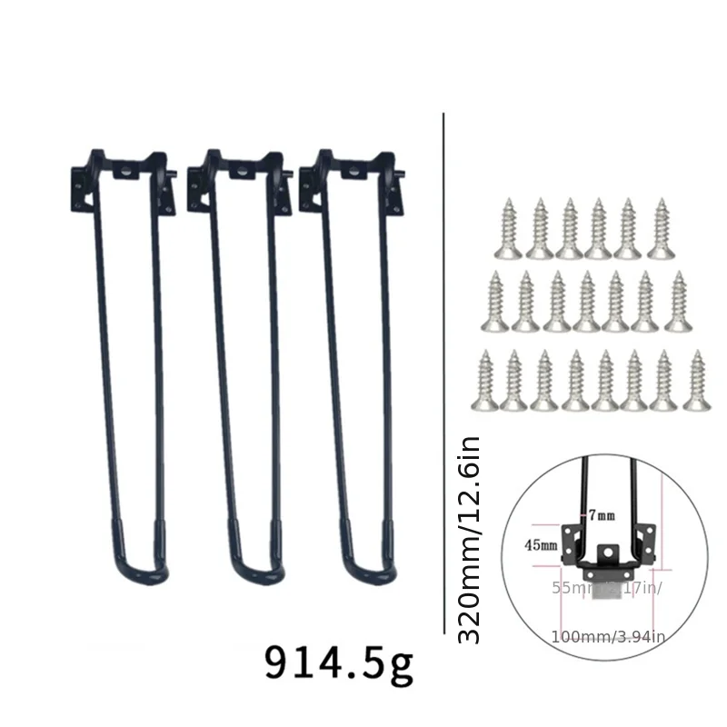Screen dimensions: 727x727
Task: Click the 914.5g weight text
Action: pos(338,664)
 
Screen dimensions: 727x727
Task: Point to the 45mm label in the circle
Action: pos(543,545)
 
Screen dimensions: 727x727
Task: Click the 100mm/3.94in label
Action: pos(607,636)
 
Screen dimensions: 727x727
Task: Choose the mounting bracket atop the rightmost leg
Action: pos(352,173)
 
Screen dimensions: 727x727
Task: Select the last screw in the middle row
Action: pos(677,300)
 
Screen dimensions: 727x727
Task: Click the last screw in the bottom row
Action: pos(697,379)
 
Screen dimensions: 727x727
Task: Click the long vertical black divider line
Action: pos(443,363)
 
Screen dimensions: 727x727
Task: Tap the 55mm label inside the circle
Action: pos(569,587)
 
